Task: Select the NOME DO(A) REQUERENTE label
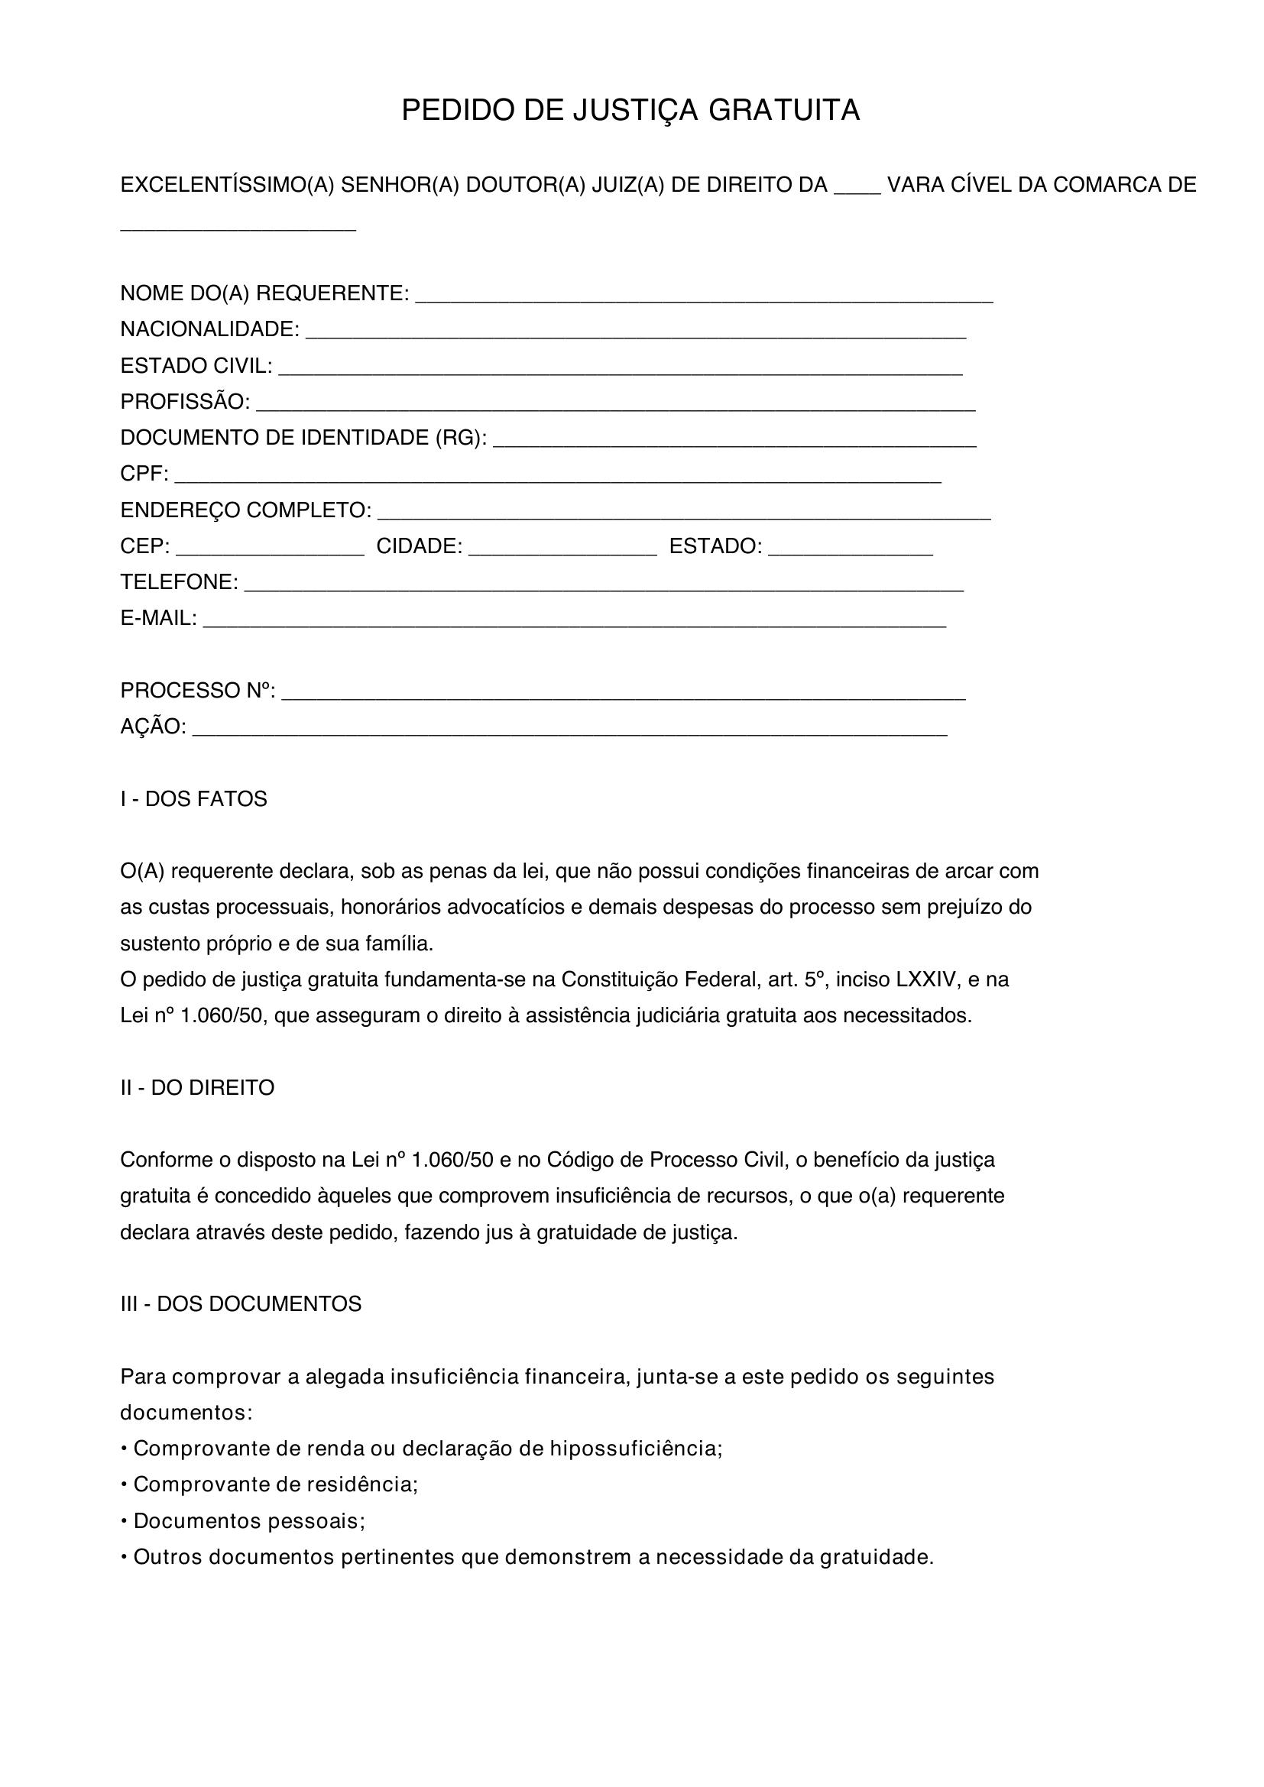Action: pyautogui.click(x=264, y=293)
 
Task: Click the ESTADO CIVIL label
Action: pyautogui.click(x=196, y=366)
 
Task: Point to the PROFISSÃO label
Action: pyautogui.click(x=184, y=402)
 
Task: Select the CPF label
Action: pyautogui.click(x=143, y=474)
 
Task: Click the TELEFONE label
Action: pyautogui.click(x=179, y=582)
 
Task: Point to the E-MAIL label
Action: pyautogui.click(x=158, y=618)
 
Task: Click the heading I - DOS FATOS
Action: pyautogui.click(x=193, y=799)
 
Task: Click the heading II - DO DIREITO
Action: pyautogui.click(x=197, y=1087)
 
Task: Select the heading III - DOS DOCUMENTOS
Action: pyautogui.click(x=241, y=1304)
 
